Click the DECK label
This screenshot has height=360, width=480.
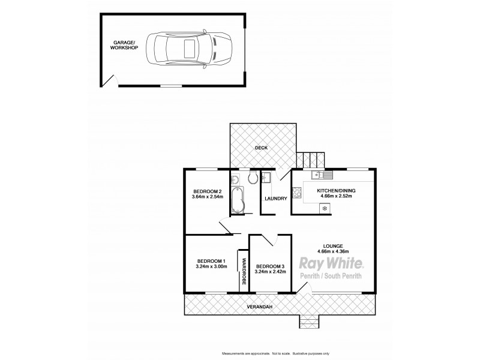click(260, 148)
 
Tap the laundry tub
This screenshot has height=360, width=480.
click(267, 178)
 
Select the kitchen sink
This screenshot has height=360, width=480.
click(326, 175)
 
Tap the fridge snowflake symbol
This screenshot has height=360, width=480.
click(325, 208)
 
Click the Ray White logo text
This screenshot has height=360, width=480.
click(331, 263)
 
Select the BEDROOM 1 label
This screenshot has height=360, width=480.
click(211, 260)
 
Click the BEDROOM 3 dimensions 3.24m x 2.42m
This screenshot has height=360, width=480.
click(270, 272)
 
